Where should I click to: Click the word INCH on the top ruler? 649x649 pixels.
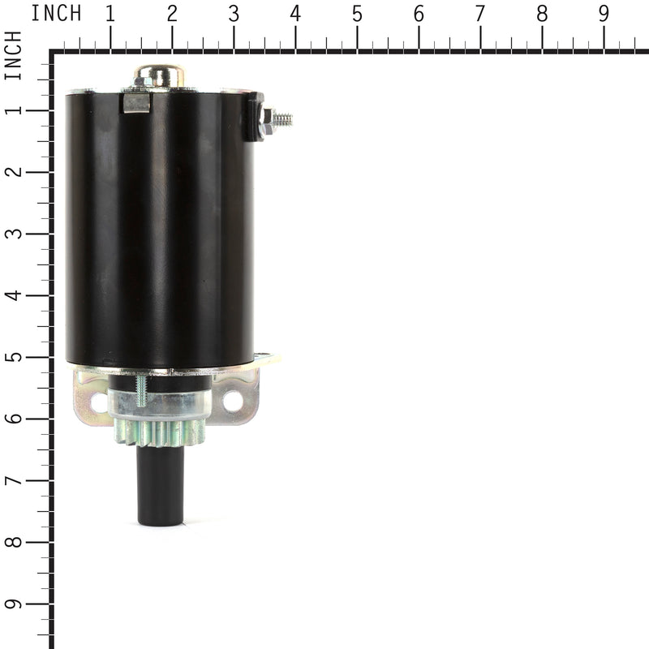(x=56, y=14)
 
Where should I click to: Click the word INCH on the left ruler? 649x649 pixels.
(x=14, y=56)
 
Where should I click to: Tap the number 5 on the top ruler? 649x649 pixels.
(x=357, y=14)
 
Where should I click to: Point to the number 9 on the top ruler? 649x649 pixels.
(x=604, y=14)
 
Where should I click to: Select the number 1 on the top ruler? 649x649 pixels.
(x=110, y=14)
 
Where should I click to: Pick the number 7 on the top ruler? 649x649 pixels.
(x=480, y=14)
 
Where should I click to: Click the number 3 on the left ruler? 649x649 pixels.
(x=14, y=234)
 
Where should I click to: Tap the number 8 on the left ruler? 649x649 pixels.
(x=14, y=542)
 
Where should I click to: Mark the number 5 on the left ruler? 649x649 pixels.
(x=14, y=357)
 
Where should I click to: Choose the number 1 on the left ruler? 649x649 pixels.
(x=14, y=110)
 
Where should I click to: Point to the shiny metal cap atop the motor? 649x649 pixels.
(x=159, y=76)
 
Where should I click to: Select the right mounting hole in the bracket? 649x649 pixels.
(x=233, y=400)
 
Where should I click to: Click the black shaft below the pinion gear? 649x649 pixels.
(x=161, y=487)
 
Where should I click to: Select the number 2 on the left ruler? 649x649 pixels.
(x=14, y=172)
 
